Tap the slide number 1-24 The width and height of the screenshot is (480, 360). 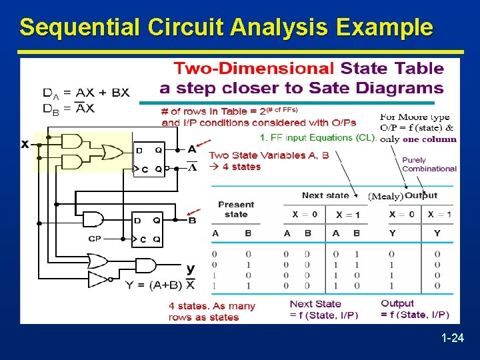[452, 339]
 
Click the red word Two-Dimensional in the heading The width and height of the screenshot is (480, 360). [254, 68]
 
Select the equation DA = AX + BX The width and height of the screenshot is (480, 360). [86, 93]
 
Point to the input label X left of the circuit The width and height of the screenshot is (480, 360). [25, 143]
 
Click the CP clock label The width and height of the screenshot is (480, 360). [95, 238]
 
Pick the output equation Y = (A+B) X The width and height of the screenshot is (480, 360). [160, 285]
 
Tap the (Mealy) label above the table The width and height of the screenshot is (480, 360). [385, 196]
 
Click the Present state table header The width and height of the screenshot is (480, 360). [236, 209]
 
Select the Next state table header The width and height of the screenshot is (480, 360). [325, 195]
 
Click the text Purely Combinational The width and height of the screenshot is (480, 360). [429, 165]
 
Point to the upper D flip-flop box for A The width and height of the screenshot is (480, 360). [149, 159]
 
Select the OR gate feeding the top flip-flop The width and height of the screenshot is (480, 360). [116, 152]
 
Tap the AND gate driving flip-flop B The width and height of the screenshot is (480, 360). [93, 219]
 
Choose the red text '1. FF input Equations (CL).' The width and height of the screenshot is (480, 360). [319, 138]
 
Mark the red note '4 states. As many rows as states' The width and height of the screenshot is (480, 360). [212, 311]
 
